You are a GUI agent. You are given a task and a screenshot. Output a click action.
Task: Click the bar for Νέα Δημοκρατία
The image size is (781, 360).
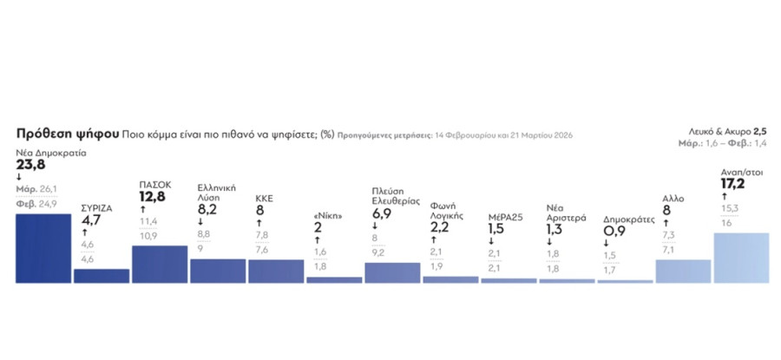pyautogui.click(x=43, y=248)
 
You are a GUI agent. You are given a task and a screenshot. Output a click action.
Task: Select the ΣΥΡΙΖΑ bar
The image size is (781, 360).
pyautogui.click(x=102, y=276)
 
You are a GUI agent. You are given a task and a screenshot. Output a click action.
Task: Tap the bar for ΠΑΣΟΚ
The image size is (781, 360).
pyautogui.click(x=160, y=264)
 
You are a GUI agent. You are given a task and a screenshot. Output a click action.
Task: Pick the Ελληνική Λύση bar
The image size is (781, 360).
pyautogui.click(x=218, y=271)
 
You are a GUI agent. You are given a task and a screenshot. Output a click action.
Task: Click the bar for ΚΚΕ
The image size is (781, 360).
pyautogui.click(x=276, y=272)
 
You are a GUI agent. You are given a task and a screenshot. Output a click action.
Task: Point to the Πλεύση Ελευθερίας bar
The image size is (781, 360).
pyautogui.click(x=392, y=272)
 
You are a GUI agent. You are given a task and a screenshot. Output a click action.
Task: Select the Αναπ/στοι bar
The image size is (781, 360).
pyautogui.click(x=740, y=258)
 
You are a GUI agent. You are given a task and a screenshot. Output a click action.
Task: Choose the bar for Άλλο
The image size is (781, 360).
pyautogui.click(x=683, y=272)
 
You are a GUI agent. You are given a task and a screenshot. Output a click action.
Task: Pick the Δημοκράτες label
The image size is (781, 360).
pyautogui.click(x=628, y=220)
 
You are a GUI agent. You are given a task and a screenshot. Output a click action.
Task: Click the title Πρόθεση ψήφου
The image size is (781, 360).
pyautogui.click(x=67, y=135)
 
